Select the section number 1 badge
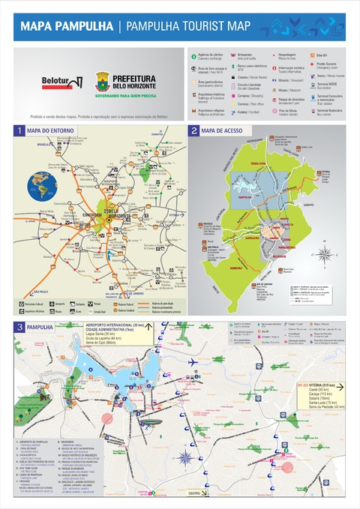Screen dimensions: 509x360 (19, 131)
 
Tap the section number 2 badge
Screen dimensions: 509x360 (193, 131)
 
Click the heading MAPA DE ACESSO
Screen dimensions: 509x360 (222, 131)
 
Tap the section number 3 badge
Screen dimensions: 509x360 (19, 327)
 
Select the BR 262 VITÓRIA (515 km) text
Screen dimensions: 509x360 (319, 386)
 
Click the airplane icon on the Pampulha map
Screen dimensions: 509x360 (193, 362)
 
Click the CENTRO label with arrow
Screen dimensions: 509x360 (194, 493)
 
